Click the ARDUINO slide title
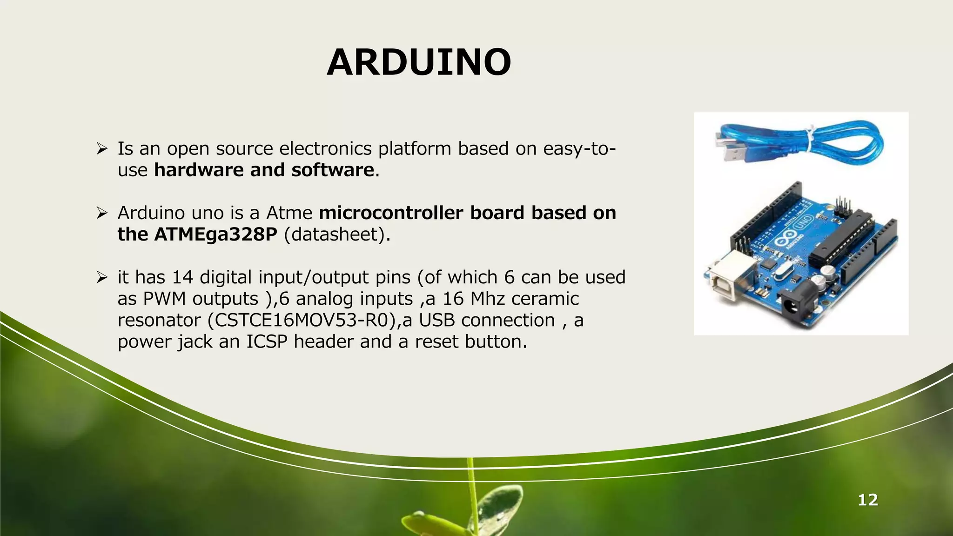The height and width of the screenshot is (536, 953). (x=419, y=62)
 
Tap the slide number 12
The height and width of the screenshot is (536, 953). (x=867, y=500)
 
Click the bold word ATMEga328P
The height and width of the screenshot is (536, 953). (x=215, y=234)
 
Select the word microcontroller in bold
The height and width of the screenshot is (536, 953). (x=391, y=213)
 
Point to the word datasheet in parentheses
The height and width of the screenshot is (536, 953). (x=337, y=234)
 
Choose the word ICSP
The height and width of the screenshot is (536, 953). (x=267, y=342)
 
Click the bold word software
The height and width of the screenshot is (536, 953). (x=332, y=170)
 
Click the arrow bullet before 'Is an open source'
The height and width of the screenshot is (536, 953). (x=102, y=149)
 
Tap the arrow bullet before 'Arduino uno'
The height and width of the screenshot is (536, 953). (x=102, y=213)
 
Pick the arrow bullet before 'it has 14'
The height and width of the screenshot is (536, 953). (x=102, y=277)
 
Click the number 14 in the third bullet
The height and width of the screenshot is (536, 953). (x=182, y=277)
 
